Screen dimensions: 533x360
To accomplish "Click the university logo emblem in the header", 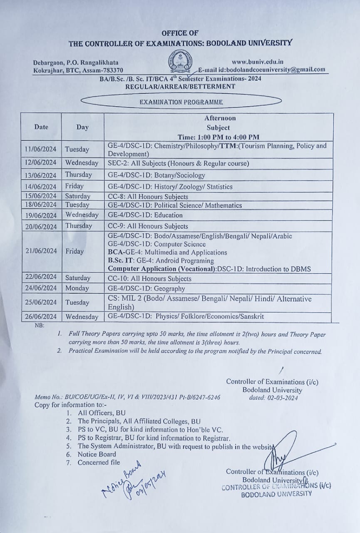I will point(179,61).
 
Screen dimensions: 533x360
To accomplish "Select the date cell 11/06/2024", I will point(40,149).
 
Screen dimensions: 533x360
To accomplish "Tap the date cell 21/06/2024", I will point(40,251).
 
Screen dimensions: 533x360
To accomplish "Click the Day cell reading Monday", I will point(77,288).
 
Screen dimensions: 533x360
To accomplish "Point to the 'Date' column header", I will point(41,127).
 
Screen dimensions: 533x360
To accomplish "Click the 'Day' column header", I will point(82,127).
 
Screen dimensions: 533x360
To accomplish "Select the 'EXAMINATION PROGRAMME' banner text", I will point(181,102).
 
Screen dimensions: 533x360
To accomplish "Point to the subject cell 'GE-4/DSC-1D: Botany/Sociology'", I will point(156,175).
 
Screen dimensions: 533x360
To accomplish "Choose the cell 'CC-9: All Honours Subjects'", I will point(148,226).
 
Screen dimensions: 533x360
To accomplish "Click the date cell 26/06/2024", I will point(40,316).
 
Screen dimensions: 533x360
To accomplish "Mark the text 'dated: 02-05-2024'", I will point(273,398).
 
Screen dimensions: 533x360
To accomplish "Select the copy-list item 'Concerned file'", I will point(99,462).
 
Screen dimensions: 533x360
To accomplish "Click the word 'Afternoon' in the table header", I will point(220,118).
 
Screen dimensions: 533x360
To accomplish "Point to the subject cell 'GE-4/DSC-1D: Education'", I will point(145,215).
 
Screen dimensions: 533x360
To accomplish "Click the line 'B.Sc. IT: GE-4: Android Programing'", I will point(161,261).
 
